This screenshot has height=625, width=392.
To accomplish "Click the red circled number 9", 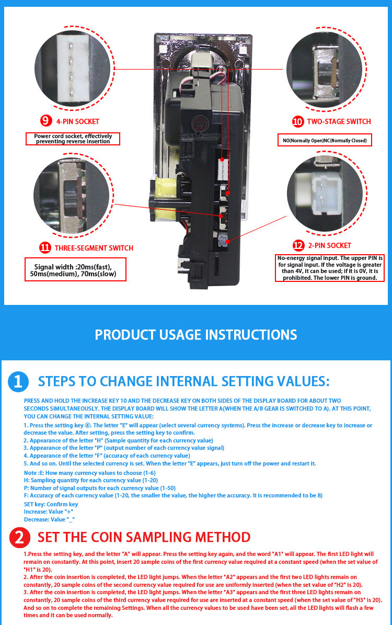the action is pyautogui.click(x=46, y=121).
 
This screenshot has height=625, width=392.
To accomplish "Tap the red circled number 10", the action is pyautogui.click(x=297, y=121).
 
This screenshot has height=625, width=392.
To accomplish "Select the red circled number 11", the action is pyautogui.click(x=45, y=247).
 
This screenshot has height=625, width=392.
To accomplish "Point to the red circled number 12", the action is pyautogui.click(x=298, y=245).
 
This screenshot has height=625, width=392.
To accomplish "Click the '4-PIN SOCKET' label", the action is pyautogui.click(x=78, y=121).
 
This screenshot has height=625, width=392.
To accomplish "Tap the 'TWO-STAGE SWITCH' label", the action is pyautogui.click(x=339, y=121).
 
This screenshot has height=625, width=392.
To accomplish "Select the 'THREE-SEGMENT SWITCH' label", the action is pyautogui.click(x=94, y=248).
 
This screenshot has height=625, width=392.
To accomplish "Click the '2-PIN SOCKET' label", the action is pyautogui.click(x=330, y=245).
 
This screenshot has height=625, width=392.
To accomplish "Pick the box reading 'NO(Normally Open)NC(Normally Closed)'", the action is pyautogui.click(x=325, y=140).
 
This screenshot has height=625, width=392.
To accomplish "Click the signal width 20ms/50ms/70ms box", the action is pyautogui.click(x=75, y=269).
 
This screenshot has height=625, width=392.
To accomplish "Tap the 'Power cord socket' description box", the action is pyautogui.click(x=73, y=139).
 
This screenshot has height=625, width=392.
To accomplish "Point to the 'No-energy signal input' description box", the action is pyautogui.click(x=330, y=268).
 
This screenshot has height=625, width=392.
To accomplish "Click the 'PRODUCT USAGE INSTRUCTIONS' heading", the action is pyautogui.click(x=196, y=335).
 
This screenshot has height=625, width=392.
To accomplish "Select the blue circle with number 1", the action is pyautogui.click(x=18, y=381).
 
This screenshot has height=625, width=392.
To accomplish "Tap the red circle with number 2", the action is pyautogui.click(x=20, y=537).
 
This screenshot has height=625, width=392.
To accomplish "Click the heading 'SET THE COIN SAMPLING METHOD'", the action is pyautogui.click(x=144, y=537).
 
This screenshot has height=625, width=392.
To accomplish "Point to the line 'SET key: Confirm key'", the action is pyautogui.click(x=51, y=504).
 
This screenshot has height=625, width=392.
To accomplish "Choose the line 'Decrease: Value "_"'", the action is pyautogui.click(x=50, y=519).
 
